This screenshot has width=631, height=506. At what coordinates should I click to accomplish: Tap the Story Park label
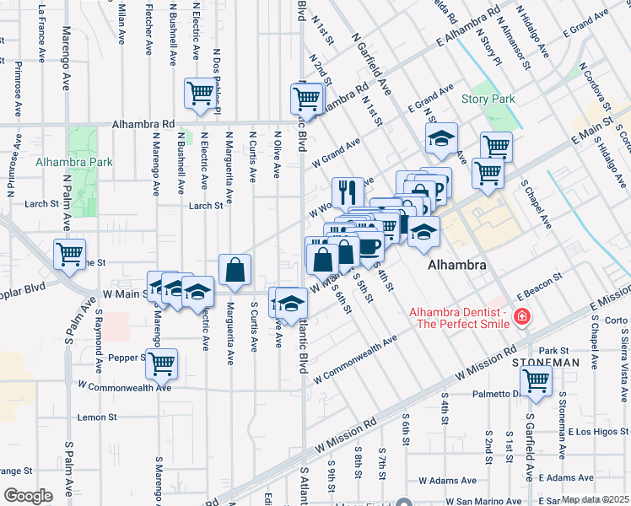[x=488, y=99]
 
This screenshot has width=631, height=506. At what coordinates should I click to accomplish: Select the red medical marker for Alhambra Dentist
[x=522, y=316]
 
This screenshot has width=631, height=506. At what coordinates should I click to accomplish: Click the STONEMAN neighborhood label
[x=545, y=362]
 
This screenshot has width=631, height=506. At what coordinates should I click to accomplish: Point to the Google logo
[x=28, y=496]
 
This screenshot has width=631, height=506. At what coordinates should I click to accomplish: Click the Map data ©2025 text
[x=595, y=500]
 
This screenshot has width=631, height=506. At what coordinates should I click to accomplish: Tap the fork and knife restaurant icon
[x=348, y=192]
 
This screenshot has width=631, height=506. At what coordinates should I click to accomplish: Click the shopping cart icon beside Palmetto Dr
[x=537, y=380]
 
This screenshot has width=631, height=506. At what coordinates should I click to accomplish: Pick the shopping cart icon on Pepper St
[x=162, y=363]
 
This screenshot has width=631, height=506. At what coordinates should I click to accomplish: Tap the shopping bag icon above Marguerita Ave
[x=235, y=270]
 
